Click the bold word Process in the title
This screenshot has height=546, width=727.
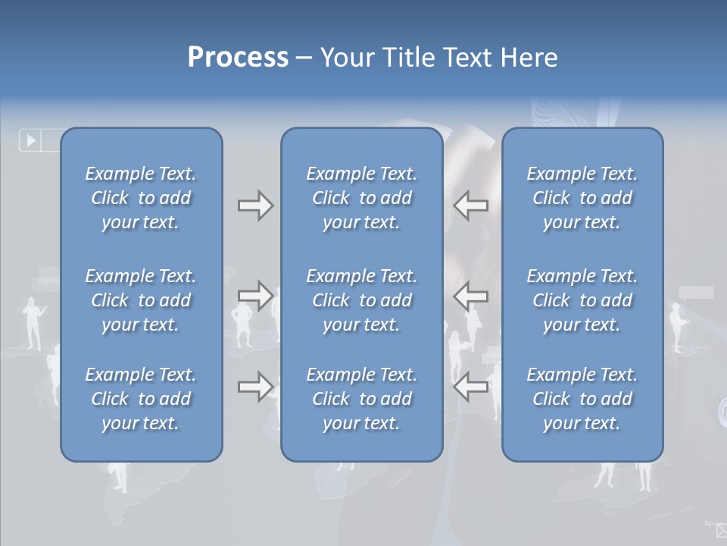coord(238,58)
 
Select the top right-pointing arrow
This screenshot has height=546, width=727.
coord(255,206)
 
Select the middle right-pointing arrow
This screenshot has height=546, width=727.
coord(255,295)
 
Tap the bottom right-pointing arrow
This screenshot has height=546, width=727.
coord(255,387)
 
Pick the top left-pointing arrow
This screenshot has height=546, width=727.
coord(471,206)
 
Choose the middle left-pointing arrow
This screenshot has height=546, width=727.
coord(471,295)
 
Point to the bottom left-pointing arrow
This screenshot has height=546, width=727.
coord(471,387)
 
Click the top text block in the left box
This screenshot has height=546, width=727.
coord(141,198)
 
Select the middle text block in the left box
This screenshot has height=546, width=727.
coord(141,300)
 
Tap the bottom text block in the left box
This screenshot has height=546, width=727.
coord(141,399)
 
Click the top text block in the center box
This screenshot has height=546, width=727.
coord(361,198)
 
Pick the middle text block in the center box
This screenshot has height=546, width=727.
coord(361,300)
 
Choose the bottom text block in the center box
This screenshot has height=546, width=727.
coord(361,399)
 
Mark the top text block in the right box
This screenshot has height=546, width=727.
coord(582,198)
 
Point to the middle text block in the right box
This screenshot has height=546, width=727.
coord(582,300)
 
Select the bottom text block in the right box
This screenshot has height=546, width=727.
coord(582,399)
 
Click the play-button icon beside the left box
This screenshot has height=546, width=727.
coord(31,140)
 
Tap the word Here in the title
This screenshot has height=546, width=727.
coord(529,58)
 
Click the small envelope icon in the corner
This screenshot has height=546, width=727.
coord(721,531)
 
